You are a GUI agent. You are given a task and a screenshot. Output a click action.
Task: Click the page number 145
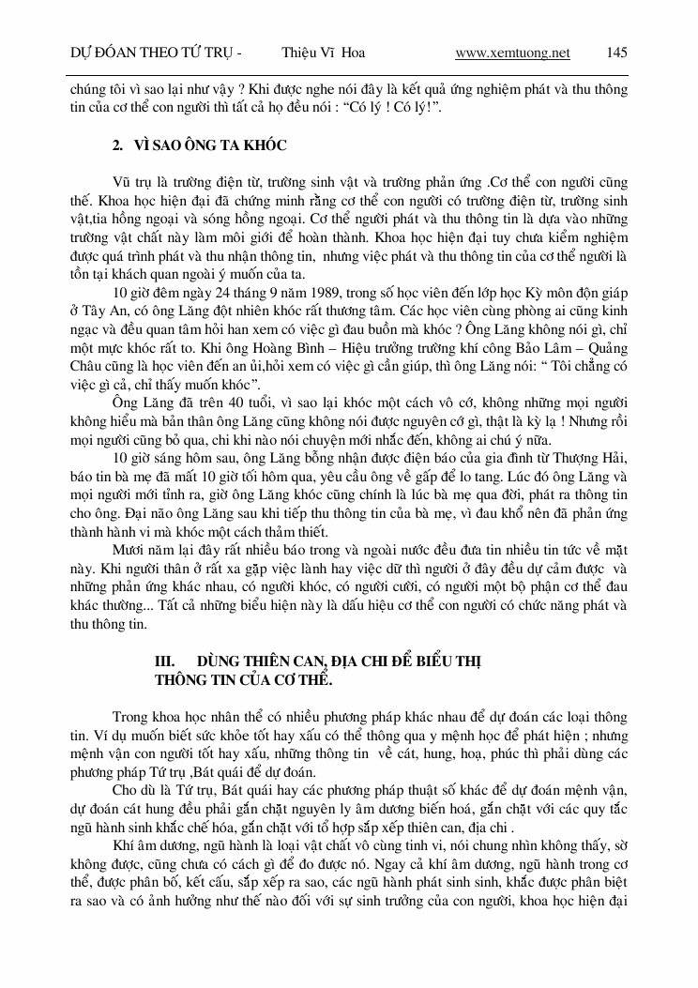coord(616,53)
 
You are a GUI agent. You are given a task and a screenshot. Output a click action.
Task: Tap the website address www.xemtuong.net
coord(512,53)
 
